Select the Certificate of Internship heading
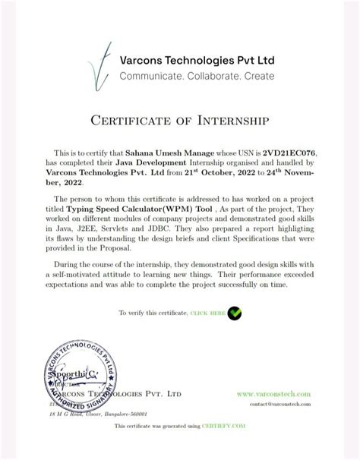[x=180, y=120]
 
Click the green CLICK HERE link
[x=207, y=313]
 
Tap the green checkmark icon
[x=235, y=312]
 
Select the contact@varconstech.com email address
[x=280, y=405]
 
